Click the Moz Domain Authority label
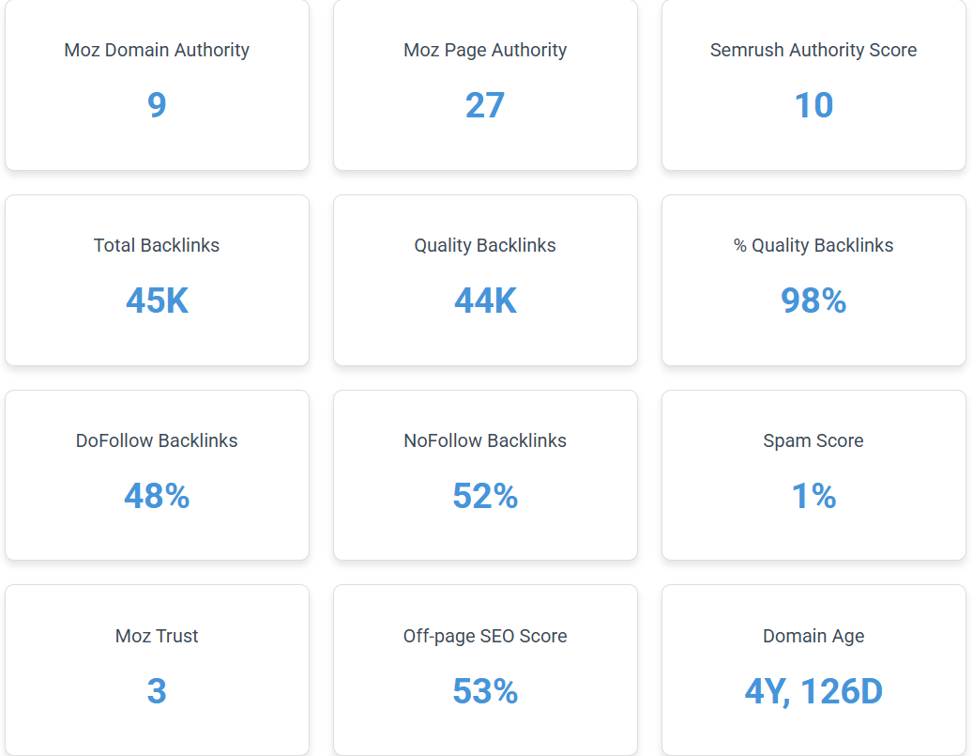(x=157, y=50)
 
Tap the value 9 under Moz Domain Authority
(x=157, y=104)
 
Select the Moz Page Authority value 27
(x=485, y=104)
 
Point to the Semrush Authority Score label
(x=813, y=50)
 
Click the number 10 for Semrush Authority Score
(x=813, y=104)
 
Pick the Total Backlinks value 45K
(x=157, y=300)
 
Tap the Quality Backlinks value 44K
(x=485, y=300)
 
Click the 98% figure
(x=813, y=300)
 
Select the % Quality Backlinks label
(x=813, y=245)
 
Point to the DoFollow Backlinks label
(x=157, y=440)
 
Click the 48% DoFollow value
(x=157, y=496)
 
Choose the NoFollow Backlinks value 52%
(x=485, y=496)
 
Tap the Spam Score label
(x=813, y=440)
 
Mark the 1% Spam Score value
(x=813, y=496)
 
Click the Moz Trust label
(x=157, y=636)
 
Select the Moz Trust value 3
(x=157, y=691)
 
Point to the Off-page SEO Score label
(x=485, y=636)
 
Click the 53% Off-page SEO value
(x=485, y=691)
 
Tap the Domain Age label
(x=813, y=636)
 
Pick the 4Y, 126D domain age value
(x=813, y=691)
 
